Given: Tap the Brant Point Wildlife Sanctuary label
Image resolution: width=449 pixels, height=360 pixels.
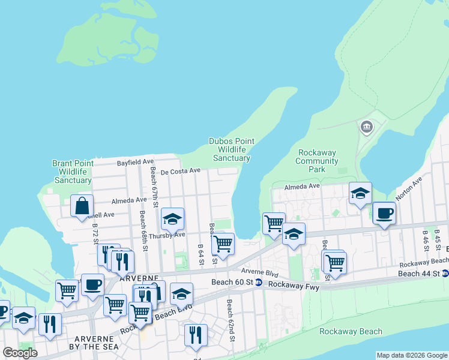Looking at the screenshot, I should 73,172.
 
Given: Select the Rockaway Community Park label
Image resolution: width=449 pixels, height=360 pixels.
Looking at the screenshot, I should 317,161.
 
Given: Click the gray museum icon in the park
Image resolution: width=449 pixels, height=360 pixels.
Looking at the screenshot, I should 366,127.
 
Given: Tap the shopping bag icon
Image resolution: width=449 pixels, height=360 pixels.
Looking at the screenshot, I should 82,206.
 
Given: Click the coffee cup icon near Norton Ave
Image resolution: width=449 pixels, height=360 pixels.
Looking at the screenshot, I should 384,213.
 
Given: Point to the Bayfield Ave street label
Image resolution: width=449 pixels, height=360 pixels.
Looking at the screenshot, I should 136,162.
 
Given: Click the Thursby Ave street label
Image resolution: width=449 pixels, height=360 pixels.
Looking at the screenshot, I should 167,235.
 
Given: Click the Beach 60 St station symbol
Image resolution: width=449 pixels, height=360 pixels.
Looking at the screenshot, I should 258,283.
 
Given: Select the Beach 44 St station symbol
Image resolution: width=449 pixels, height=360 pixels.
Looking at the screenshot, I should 445,274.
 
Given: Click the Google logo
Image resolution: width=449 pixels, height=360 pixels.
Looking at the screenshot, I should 20,352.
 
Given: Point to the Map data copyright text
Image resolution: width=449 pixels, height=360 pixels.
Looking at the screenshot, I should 412,355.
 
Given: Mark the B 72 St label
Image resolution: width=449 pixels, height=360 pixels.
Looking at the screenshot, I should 95,233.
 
